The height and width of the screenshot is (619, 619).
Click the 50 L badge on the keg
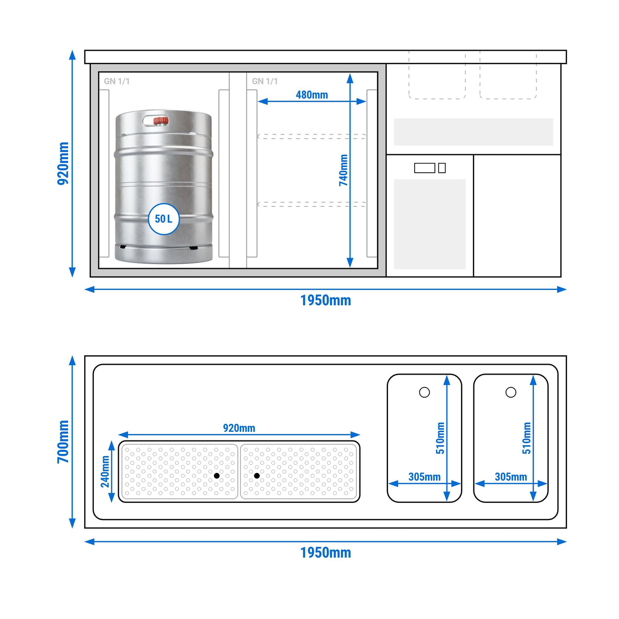pyautogui.click(x=164, y=219)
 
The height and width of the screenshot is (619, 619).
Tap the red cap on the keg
pyautogui.click(x=160, y=121)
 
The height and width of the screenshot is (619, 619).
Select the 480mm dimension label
pyautogui.click(x=312, y=95)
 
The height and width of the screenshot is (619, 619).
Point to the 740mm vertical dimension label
pyautogui.click(x=344, y=170)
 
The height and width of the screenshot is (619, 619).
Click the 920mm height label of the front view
pyautogui.click(x=63, y=164)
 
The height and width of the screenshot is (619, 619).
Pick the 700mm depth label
pyautogui.click(x=63, y=442)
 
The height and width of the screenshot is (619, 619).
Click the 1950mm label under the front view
pyautogui.click(x=325, y=300)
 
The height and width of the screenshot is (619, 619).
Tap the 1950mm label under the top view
pyautogui.click(x=325, y=552)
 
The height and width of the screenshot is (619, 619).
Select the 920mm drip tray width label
pyautogui.click(x=239, y=428)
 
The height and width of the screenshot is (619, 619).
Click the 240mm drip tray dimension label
pyautogui.click(x=105, y=471)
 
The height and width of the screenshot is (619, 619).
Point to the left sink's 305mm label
pyautogui.click(x=425, y=477)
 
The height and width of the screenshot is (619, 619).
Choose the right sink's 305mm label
pyautogui.click(x=511, y=477)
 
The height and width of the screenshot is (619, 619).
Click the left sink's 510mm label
pyautogui.click(x=440, y=438)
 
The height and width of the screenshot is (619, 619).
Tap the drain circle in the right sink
pyautogui.click(x=511, y=392)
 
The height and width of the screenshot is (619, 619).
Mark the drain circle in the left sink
pyautogui.click(x=425, y=392)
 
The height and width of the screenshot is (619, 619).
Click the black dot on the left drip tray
pyautogui.click(x=217, y=476)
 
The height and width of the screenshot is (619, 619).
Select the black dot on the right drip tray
pyautogui.click(x=257, y=476)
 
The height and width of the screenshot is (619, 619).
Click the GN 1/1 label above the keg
pyautogui.click(x=117, y=82)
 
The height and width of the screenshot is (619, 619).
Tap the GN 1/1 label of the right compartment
pyautogui.click(x=265, y=82)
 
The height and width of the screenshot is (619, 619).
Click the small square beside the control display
pyautogui.click(x=442, y=168)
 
